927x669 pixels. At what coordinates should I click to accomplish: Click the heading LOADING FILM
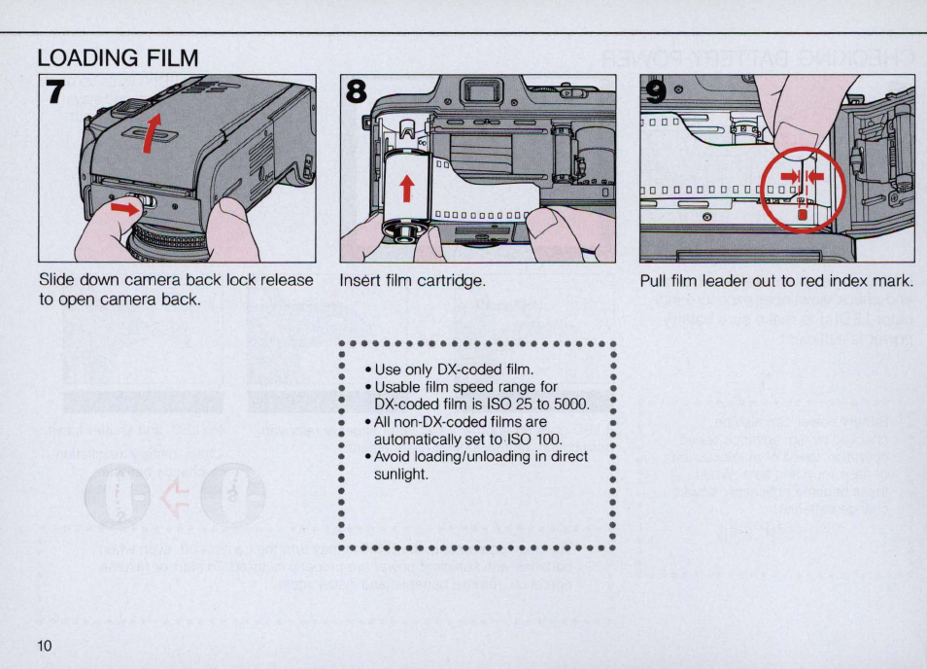pos(118,58)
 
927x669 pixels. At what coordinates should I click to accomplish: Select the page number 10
pos(45,647)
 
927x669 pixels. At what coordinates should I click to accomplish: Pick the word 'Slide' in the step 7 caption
pos(56,280)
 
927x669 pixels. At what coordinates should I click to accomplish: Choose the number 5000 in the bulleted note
pos(570,405)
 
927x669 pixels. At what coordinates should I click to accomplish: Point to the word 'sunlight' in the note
pos(401,475)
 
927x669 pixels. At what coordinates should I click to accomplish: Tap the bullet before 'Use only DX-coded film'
pos(369,370)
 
